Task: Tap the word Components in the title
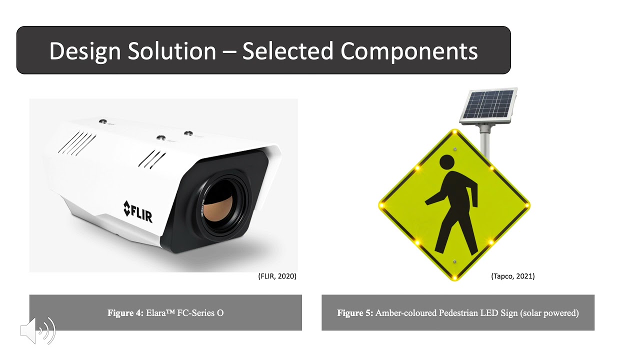coord(409,51)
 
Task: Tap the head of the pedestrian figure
coord(446,162)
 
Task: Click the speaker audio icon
coord(37,330)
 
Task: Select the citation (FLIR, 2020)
coord(277,276)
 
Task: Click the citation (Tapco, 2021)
coord(512,276)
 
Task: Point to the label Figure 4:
coord(125,313)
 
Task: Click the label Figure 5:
coord(355,313)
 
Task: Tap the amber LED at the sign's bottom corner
coord(455,277)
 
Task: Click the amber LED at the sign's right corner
coord(527,205)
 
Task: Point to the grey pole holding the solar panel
coord(484,142)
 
